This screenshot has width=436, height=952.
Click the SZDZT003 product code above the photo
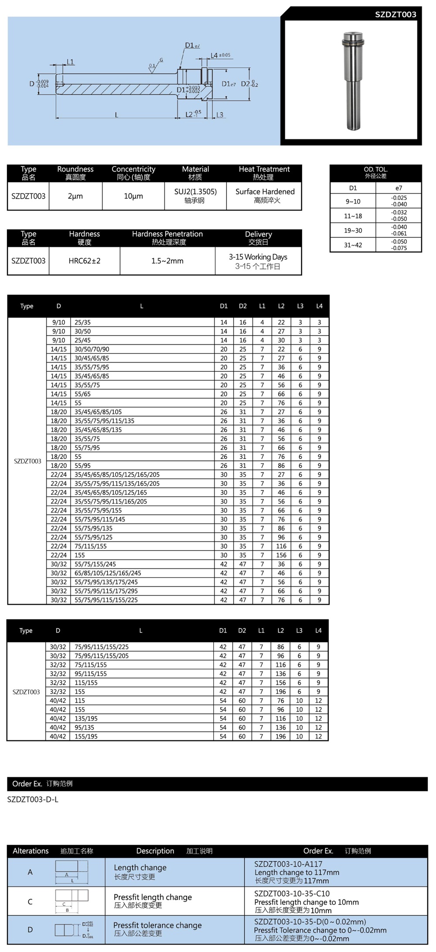tap(395, 14)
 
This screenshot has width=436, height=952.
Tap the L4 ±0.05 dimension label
tap(220, 55)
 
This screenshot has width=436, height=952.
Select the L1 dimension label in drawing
tap(70, 62)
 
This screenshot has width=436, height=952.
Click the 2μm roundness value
tap(75, 196)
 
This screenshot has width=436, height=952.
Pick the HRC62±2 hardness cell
tap(85, 261)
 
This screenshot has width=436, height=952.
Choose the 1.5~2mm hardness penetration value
tap(167, 261)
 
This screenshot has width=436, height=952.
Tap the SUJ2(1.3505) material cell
tap(195, 192)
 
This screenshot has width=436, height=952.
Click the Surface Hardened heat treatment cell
tap(265, 192)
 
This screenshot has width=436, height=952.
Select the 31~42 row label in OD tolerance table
tap(353, 245)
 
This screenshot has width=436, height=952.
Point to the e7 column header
tap(399, 188)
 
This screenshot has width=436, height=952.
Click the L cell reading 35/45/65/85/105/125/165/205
tap(117, 475)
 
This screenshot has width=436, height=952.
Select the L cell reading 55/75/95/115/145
tap(100, 519)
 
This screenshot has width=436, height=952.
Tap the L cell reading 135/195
tap(86, 718)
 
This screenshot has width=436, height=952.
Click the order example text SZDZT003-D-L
tap(33, 799)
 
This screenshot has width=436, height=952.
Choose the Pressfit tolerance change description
tap(157, 925)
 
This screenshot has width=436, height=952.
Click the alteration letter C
tap(30, 902)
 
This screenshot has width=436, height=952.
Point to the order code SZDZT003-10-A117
tap(288, 864)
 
